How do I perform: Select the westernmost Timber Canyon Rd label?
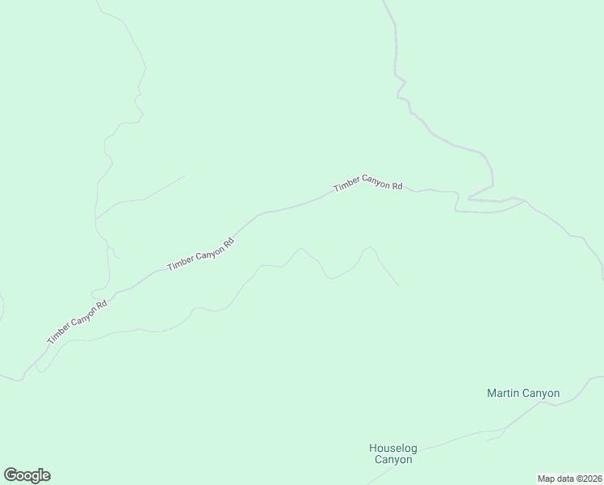coord(78,323)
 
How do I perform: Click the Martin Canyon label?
coord(523,394)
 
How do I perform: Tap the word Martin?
coord(502,394)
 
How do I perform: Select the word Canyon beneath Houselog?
coord(393,460)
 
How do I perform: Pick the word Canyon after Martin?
coord(541,394)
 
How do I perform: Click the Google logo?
coord(27,475)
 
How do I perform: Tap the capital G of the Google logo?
coord(10,474)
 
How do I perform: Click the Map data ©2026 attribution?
coord(570,479)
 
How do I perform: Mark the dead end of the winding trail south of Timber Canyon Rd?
coord(399,286)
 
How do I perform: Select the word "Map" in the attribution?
coord(547,479)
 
